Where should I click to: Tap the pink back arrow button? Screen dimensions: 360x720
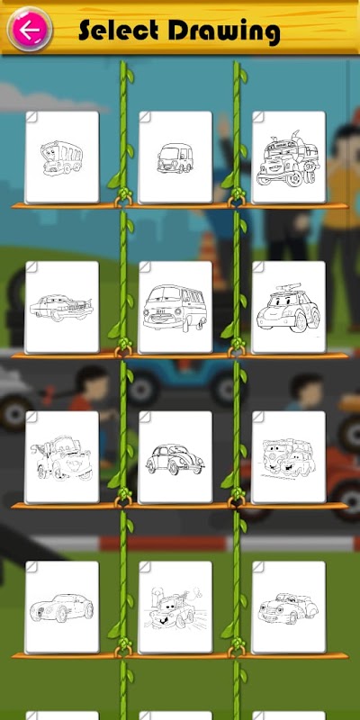30,30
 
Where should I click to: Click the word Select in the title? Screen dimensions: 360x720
119,31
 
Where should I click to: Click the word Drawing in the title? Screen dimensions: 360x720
224,32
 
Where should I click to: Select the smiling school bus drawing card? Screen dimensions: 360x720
62,157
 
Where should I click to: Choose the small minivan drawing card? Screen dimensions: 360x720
175,157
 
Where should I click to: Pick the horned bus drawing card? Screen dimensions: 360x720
288,157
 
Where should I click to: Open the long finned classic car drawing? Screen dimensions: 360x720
62,307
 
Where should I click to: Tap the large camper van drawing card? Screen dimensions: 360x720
175,307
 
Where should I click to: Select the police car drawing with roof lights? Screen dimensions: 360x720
288,307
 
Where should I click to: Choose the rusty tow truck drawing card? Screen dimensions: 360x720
62,457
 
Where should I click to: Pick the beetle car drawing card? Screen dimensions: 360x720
175,457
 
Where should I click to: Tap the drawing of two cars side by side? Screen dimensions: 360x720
288,457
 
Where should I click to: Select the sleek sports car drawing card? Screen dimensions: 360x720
62,607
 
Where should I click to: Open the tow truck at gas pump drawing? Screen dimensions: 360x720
175,607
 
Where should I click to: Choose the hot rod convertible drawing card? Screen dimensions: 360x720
288,607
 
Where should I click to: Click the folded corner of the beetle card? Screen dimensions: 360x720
145,417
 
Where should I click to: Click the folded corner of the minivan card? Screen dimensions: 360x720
145,117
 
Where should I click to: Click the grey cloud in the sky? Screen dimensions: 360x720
46,98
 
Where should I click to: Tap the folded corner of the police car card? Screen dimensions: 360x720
258,267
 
